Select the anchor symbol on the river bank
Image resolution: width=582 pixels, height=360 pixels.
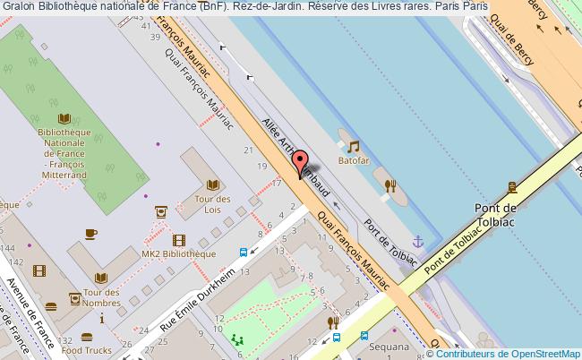pyautogui.click(x=416, y=241)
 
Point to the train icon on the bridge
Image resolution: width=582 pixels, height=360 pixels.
pyautogui.click(x=512, y=187)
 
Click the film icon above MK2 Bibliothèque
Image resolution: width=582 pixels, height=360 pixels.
pyautogui.click(x=179, y=240)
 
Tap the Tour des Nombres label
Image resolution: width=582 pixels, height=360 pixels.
pyautogui.click(x=101, y=297)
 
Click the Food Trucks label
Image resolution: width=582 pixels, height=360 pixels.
pyautogui.click(x=87, y=352)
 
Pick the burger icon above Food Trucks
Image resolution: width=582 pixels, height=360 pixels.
pyautogui.click(x=87, y=338)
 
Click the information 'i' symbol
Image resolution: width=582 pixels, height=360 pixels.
pyautogui.click(x=102, y=318)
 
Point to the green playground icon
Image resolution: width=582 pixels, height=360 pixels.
pyautogui.click(x=236, y=339)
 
